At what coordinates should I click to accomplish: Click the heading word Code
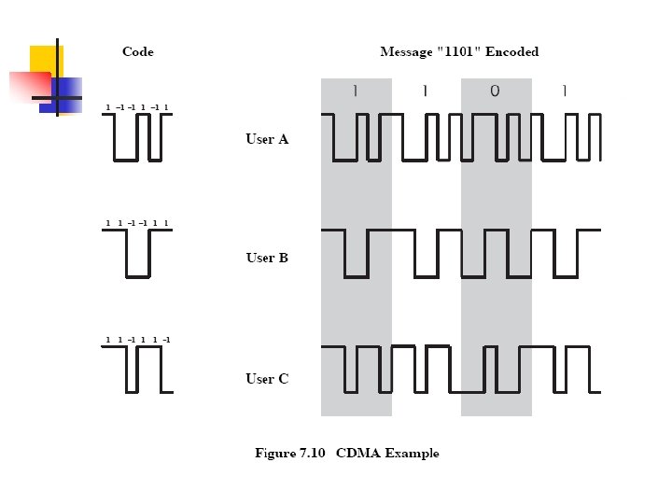[x=137, y=52]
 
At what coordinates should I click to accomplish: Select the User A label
[x=267, y=139]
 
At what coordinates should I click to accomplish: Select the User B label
[x=267, y=258]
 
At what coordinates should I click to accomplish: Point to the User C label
[x=267, y=378]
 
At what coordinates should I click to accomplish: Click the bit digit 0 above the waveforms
[x=495, y=91]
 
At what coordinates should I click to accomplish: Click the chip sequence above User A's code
[x=137, y=107]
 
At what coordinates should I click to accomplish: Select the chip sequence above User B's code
[x=137, y=223]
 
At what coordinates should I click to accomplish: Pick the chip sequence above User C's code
[x=137, y=340]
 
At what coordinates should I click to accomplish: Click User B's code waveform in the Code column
[x=137, y=253]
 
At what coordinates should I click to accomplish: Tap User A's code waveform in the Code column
[x=137, y=137]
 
